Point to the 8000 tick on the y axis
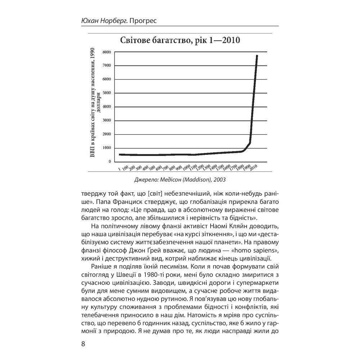107,52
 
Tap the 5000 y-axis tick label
107,93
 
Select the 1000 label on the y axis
107,148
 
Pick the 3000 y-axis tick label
107,121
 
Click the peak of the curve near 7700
257,56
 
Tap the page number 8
83,344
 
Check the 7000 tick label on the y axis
107,66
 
